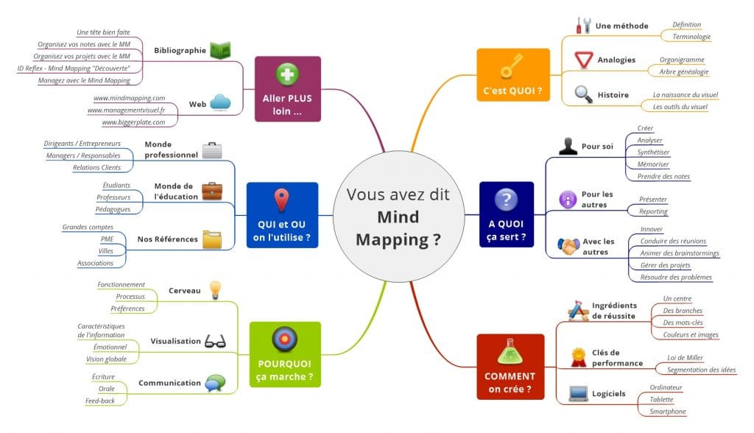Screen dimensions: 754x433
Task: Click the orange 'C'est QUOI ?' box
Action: pos(513,74)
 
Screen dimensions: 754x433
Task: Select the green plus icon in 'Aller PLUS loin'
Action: pos(287,74)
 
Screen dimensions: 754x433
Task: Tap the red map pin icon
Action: pos(282,200)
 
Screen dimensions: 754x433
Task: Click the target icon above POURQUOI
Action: pos(285,339)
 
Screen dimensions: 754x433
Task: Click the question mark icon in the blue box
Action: pos(507,199)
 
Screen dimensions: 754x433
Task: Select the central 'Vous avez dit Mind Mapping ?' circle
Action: pos(398,216)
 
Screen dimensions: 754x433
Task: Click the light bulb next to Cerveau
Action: pos(215,290)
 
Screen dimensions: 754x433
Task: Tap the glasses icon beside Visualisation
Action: pos(215,341)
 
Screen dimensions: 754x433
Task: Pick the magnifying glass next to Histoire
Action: pos(583,94)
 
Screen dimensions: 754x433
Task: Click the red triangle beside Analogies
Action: pos(583,60)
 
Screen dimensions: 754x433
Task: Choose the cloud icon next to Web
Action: pos(220,102)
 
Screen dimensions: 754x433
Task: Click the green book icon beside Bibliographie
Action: pos(220,50)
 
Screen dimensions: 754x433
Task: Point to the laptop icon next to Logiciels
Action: pos(578,393)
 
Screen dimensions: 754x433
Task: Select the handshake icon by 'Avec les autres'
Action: pos(568,247)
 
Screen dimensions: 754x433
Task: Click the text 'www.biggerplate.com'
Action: pos(134,122)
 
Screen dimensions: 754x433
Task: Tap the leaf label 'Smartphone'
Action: pos(668,412)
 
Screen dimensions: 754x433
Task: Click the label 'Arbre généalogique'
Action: pos(684,71)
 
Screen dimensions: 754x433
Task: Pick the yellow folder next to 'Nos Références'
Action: pos(212,239)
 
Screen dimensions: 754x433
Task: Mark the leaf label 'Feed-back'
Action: pos(100,401)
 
